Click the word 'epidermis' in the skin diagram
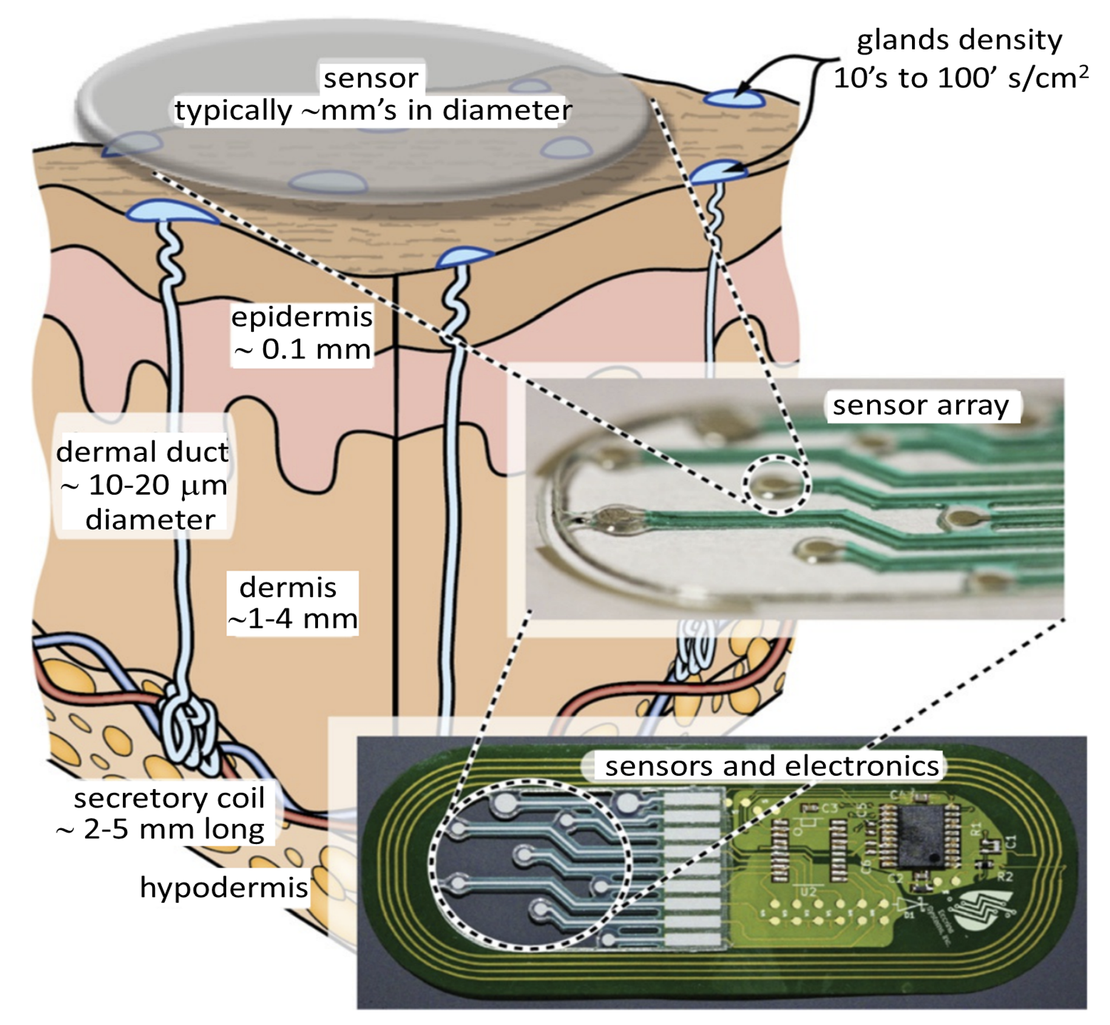(x=301, y=317)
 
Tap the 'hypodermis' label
(x=223, y=887)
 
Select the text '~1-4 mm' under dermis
(x=293, y=620)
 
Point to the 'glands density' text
(x=959, y=40)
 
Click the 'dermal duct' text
(x=142, y=452)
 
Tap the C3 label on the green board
(x=829, y=809)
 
